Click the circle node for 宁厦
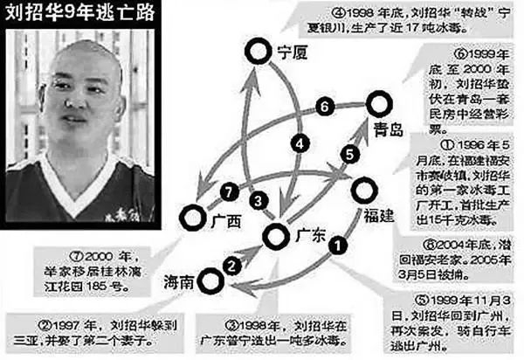256,54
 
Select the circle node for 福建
362,190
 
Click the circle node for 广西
191,216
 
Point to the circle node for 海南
209,281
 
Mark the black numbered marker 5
347,154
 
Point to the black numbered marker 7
229,189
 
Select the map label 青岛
388,130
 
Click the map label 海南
181,281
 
